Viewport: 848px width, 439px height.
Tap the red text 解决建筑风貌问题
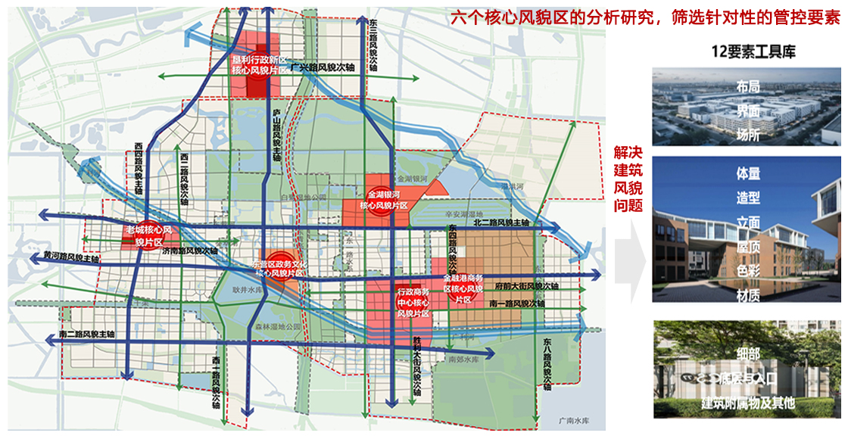pos(628,179)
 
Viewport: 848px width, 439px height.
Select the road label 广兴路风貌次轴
pos(322,68)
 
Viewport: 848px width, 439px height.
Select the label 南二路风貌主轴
pos(86,334)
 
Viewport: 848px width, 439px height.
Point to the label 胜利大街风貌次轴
pos(416,367)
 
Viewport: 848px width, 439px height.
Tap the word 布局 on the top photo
pos(748,88)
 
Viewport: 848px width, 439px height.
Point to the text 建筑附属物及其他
pos(748,403)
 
